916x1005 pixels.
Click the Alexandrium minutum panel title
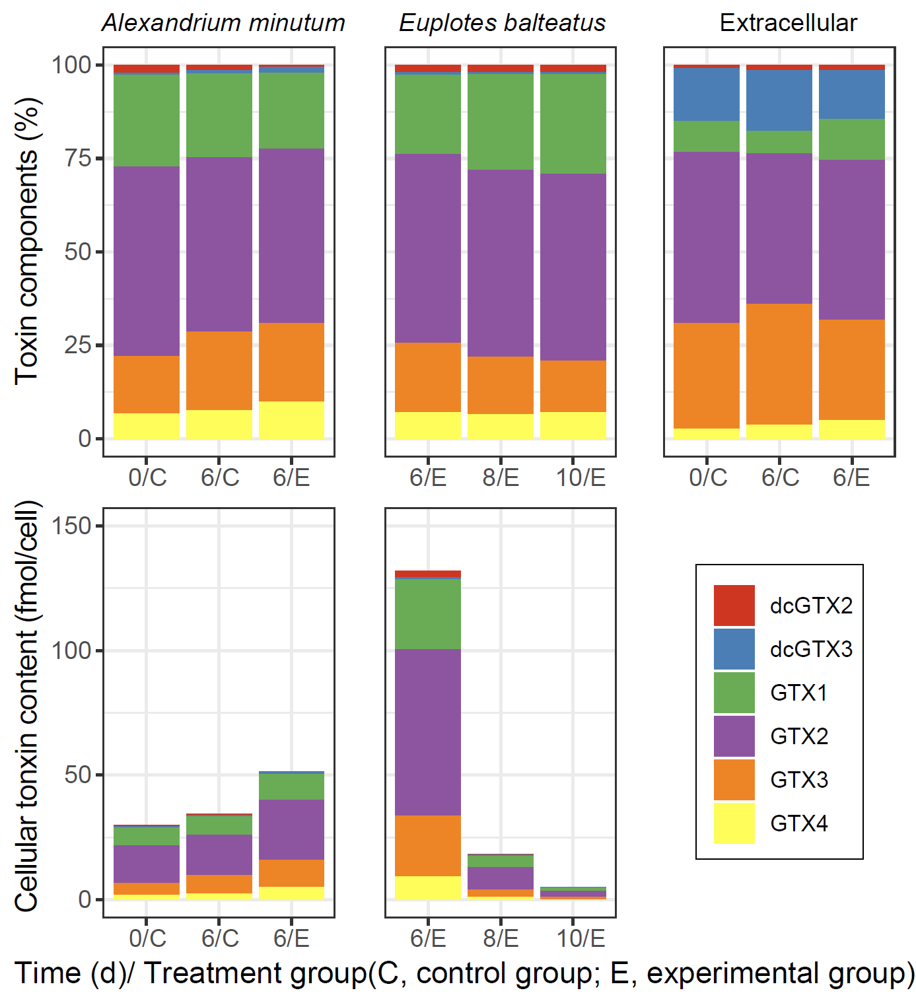[x=223, y=23]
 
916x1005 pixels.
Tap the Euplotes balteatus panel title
[x=502, y=23]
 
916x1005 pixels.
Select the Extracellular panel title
[x=788, y=23]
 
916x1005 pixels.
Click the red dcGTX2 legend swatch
[x=734, y=605]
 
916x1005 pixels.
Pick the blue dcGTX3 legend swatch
[x=734, y=648]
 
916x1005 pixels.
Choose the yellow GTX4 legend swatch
[x=734, y=823]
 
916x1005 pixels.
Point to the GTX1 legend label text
[x=798, y=693]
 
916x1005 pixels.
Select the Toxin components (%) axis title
[x=28, y=241]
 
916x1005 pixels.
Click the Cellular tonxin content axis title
[x=28, y=707]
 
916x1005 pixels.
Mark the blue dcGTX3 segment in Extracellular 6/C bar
[x=779, y=100]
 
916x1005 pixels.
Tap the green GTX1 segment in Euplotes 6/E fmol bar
[x=428, y=614]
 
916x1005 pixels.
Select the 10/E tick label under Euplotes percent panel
[x=581, y=477]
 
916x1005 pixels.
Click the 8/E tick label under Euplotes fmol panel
[x=501, y=938]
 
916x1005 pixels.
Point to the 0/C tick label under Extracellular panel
[x=707, y=477]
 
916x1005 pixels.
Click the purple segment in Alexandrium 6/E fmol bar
[x=291, y=829]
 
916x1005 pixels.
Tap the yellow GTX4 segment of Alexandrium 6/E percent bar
[x=291, y=420]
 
